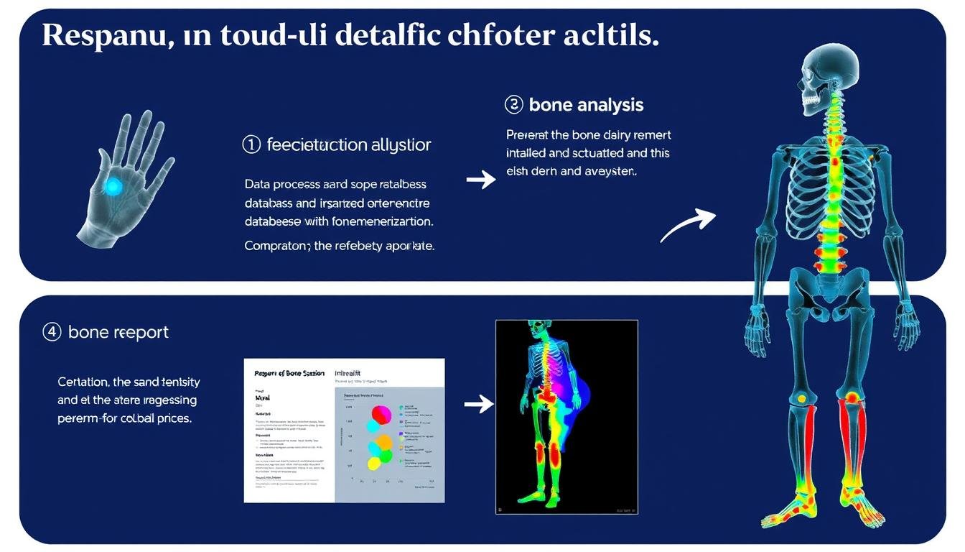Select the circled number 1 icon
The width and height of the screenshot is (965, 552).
(x=251, y=144)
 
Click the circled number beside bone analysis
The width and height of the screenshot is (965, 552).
(x=514, y=105)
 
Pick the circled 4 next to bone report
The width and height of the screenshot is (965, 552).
(x=52, y=332)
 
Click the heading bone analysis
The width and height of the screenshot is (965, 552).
(x=586, y=105)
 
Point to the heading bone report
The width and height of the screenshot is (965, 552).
(x=118, y=332)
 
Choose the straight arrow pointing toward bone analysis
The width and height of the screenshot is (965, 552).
(x=481, y=179)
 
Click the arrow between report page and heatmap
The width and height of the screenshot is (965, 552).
(x=479, y=404)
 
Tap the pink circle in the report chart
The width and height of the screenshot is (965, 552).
(x=381, y=415)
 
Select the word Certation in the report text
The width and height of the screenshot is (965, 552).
(x=83, y=382)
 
